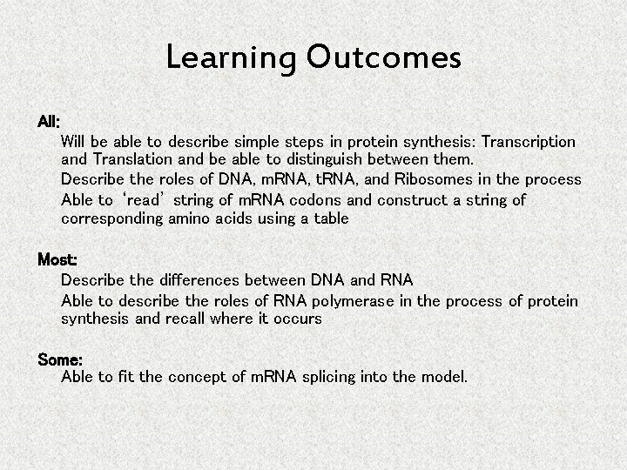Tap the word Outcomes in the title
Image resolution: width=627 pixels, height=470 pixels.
(x=383, y=58)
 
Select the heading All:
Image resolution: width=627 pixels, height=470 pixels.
(x=49, y=121)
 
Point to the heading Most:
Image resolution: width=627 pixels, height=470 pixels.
(x=57, y=260)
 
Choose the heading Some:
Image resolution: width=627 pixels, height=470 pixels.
(x=60, y=359)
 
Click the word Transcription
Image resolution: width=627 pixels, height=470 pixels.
(x=529, y=141)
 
